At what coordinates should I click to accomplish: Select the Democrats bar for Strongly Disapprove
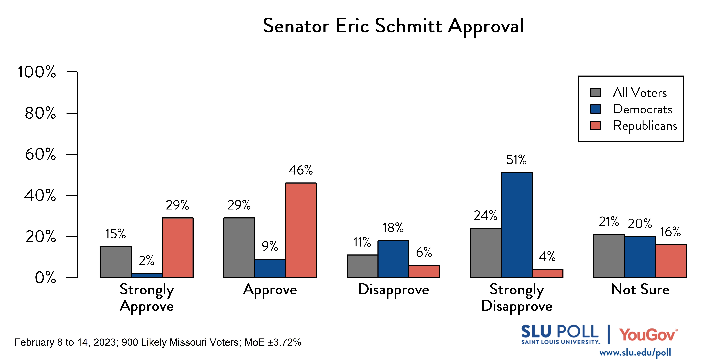coord(517,225)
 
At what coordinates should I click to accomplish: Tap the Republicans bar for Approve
coord(301,230)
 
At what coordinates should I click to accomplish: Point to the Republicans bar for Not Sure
coord(671,261)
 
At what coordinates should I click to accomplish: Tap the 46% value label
coord(300,170)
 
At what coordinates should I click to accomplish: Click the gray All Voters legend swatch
coord(595,92)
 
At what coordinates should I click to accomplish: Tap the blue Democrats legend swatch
coord(595,109)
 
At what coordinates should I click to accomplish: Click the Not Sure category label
coord(640,289)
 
